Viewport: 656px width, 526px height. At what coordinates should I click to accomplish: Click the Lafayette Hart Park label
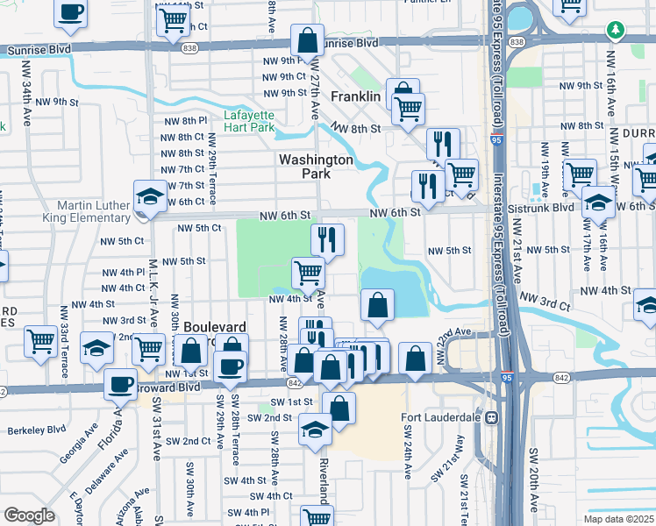[x=249, y=121]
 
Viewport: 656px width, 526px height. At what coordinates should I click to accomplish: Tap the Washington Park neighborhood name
[x=316, y=167]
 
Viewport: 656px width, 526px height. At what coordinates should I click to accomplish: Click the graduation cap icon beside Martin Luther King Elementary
[x=150, y=196]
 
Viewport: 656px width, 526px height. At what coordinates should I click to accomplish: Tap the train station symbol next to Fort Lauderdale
[x=493, y=417]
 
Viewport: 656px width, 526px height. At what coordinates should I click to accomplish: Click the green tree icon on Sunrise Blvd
[x=617, y=31]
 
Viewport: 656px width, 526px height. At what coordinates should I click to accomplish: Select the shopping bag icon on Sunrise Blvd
[x=308, y=40]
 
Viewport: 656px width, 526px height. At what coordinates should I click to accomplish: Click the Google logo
[x=29, y=515]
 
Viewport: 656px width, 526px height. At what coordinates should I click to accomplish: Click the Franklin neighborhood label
[x=355, y=96]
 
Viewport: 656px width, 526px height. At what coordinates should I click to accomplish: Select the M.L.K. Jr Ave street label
[x=153, y=285]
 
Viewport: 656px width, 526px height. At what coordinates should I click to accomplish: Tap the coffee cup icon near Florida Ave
[x=120, y=384]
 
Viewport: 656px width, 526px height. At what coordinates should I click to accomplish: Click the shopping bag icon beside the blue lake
[x=377, y=305]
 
